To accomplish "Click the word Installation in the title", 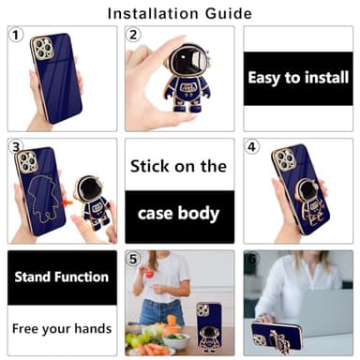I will [x=154, y=13].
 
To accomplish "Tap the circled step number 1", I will [x=16, y=35].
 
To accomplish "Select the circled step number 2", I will [x=134, y=35].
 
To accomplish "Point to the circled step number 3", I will [x=16, y=148].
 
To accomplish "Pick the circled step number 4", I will [x=251, y=148].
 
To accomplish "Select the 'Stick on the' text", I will [x=179, y=166].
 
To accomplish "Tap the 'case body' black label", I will [x=179, y=212].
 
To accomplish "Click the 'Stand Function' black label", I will [x=61, y=277].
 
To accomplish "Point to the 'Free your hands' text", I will [x=61, y=329].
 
